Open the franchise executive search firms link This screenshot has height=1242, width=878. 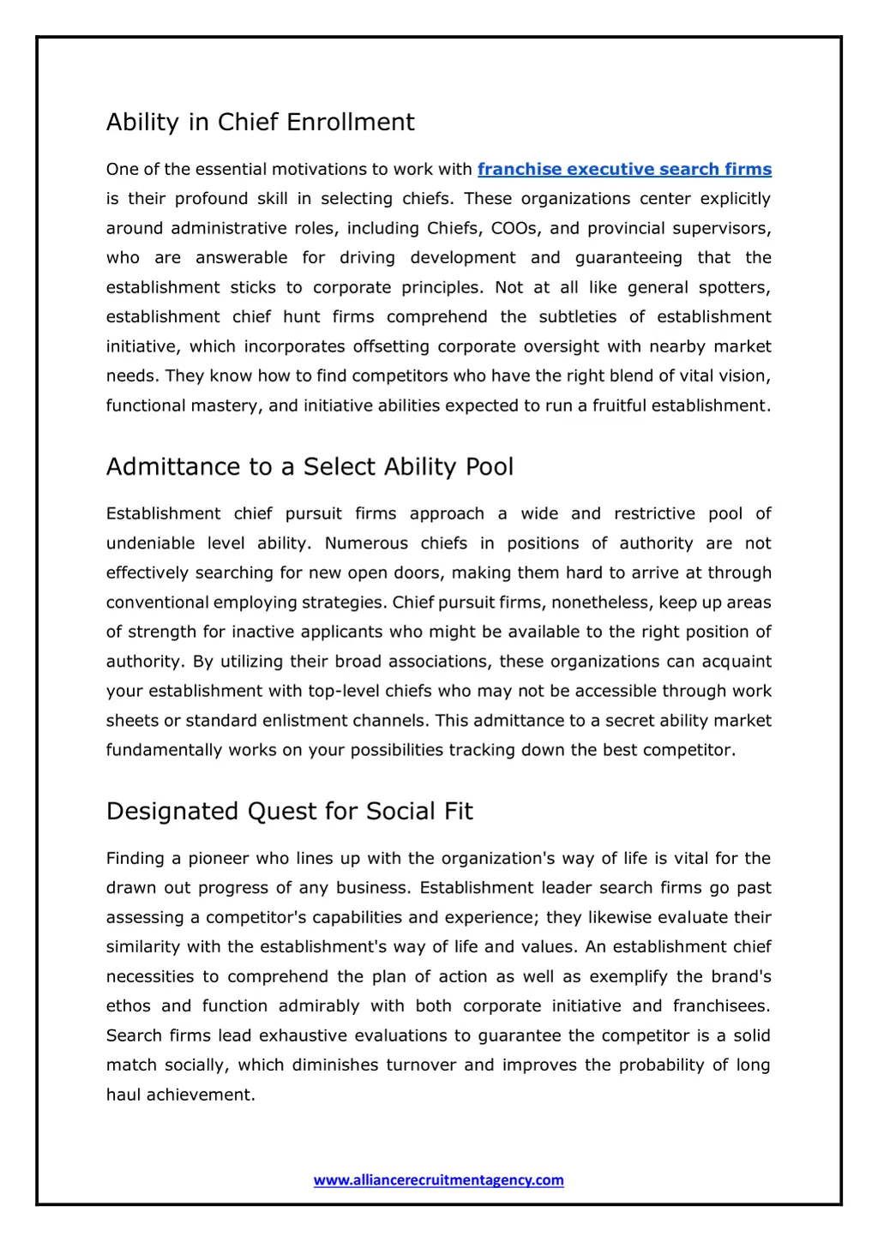pyautogui.click(x=624, y=170)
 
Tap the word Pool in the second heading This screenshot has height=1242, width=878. pyautogui.click(x=489, y=467)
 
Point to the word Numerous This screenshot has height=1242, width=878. pyautogui.click(x=366, y=543)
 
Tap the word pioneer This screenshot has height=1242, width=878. pyautogui.click(x=216, y=859)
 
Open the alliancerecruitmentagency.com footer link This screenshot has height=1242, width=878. pyautogui.click(x=439, y=1180)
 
